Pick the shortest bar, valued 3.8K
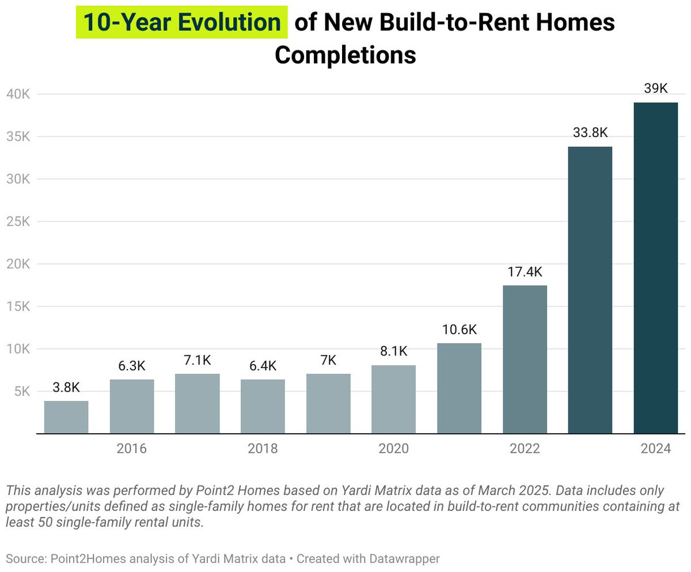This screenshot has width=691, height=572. (66, 417)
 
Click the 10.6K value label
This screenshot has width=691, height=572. (459, 330)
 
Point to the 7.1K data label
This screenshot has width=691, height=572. (197, 361)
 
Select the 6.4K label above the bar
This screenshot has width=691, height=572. (263, 366)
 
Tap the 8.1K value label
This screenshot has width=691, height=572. (393, 351)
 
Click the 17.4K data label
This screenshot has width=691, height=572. (525, 272)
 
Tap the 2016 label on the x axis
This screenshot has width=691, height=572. (131, 449)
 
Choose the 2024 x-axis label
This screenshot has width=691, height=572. (655, 449)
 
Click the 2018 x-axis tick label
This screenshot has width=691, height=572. (263, 449)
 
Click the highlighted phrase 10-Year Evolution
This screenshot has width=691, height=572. (181, 22)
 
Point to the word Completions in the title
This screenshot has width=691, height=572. (345, 55)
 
